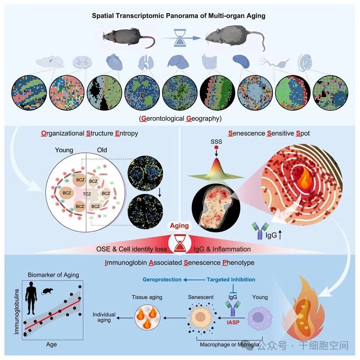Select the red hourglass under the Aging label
click(180, 244)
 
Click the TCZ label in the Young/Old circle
click(87, 193)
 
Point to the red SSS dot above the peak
click(216, 148)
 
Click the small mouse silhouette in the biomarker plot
click(46, 291)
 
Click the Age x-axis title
click(51, 344)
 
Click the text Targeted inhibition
click(231, 279)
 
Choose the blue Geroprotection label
click(162, 279)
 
